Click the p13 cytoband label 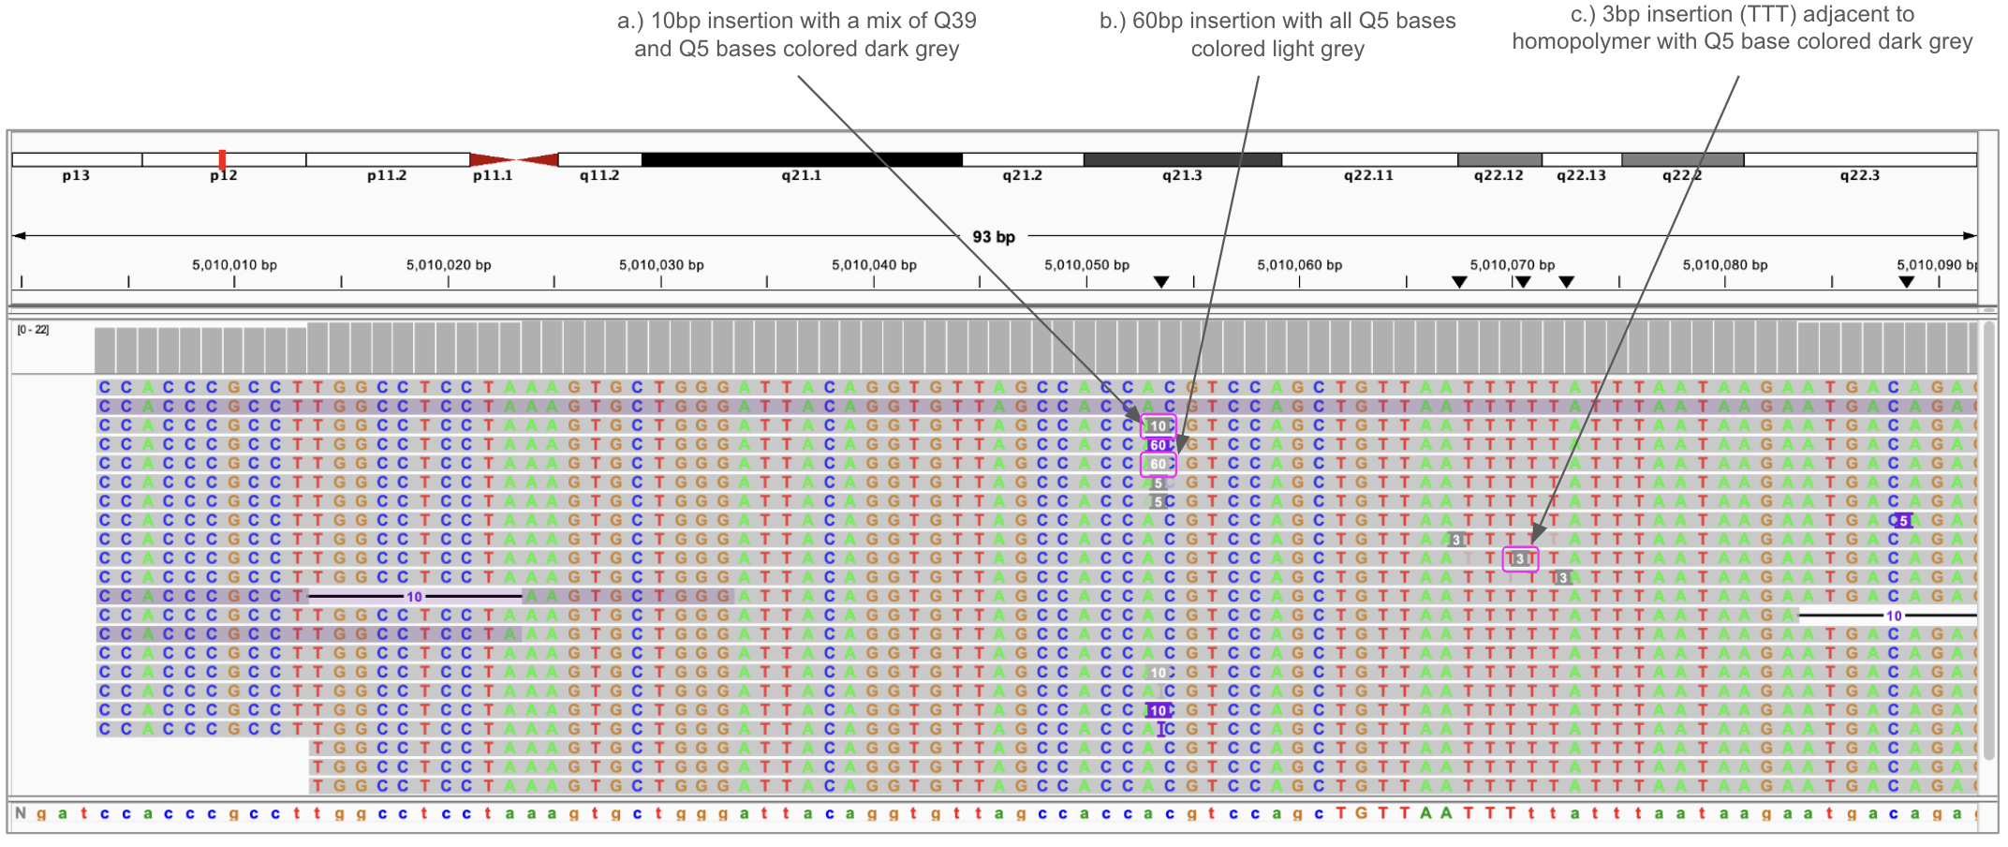point(76,175)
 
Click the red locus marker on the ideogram point(222,159)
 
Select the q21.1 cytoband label point(801,175)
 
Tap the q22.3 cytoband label point(1859,175)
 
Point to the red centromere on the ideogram point(513,159)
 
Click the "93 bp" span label point(993,236)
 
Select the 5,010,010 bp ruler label point(234,265)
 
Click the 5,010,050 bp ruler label point(1086,265)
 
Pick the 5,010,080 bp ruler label point(1724,265)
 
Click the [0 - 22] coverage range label point(33,330)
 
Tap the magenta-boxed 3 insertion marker point(1520,559)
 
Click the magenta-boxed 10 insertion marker point(1159,426)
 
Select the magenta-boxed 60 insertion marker point(1159,464)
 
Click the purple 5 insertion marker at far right point(1902,521)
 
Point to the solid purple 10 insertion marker point(1159,710)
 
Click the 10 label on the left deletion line point(414,597)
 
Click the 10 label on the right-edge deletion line point(1894,616)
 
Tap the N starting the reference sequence point(20,813)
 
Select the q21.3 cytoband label point(1182,175)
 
